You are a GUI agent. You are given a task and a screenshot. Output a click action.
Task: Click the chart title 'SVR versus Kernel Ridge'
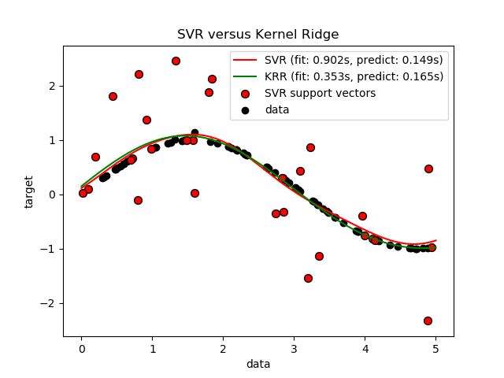pos(258,35)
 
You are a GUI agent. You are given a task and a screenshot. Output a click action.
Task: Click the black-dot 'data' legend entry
pos(276,109)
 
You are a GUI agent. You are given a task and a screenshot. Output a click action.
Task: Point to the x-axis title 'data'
pos(258,364)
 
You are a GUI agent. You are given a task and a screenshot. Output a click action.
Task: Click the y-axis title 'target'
pos(29,191)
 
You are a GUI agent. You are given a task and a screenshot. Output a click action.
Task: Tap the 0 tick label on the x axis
pos(81,348)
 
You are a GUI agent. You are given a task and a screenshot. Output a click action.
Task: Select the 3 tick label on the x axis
pos(294,348)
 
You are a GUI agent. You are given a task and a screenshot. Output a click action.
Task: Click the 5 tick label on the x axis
pos(435,348)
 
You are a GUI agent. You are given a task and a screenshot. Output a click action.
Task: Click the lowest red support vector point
pos(428,321)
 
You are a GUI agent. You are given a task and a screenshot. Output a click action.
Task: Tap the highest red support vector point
pos(176,61)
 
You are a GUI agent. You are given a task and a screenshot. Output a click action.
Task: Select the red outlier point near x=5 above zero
pos(428,169)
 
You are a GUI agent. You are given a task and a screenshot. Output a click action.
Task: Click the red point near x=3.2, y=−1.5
pos(308,278)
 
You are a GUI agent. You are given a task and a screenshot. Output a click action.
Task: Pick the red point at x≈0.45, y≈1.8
pos(113,96)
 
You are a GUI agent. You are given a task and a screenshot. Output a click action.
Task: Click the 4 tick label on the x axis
pos(365,348)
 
